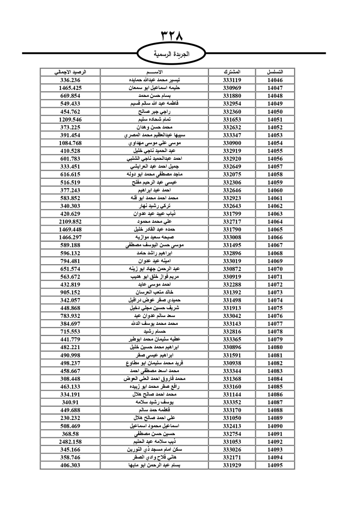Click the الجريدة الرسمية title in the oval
[x=172, y=54]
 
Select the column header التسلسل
[x=275, y=72]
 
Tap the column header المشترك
[x=232, y=72]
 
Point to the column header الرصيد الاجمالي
[x=70, y=72]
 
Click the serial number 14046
[x=275, y=80]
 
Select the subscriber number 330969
[x=232, y=88]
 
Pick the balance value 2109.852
[x=70, y=222]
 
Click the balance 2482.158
[x=70, y=442]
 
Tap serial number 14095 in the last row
[x=275, y=465]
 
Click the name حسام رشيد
[x=154, y=332]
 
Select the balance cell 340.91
[x=70, y=402]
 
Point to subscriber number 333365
[x=232, y=339]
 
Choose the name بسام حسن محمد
[x=154, y=96]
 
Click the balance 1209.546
[x=70, y=120]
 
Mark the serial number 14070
[x=275, y=269]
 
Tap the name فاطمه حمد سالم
[x=154, y=410]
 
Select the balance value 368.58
[x=70, y=434]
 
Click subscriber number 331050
[x=232, y=418]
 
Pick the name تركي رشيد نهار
[x=154, y=206]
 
